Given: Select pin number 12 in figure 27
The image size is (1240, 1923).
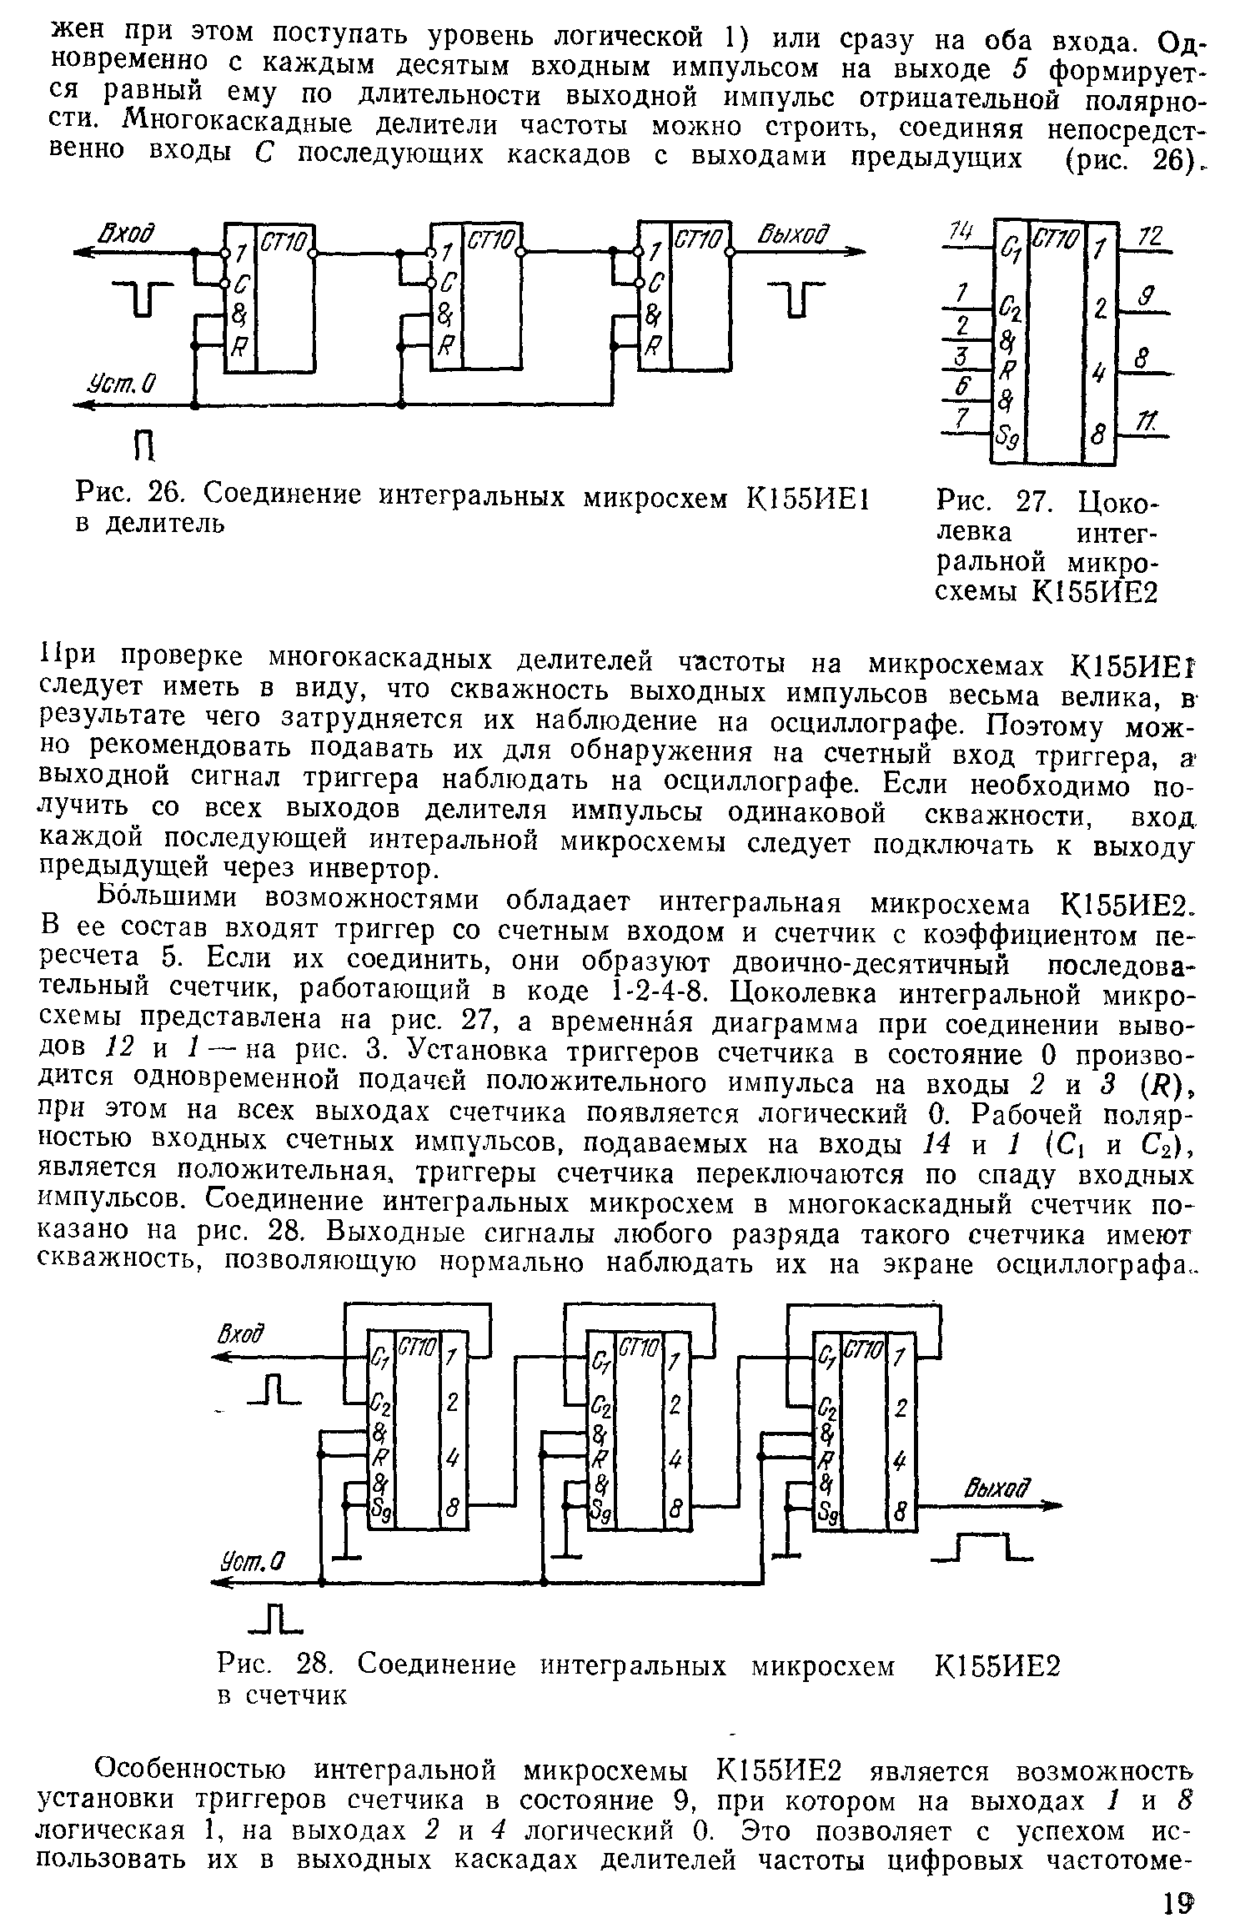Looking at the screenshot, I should coord(1151,237).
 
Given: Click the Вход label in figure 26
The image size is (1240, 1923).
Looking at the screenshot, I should coord(129,233).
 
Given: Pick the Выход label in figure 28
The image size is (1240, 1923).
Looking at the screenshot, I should coord(997,1487).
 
